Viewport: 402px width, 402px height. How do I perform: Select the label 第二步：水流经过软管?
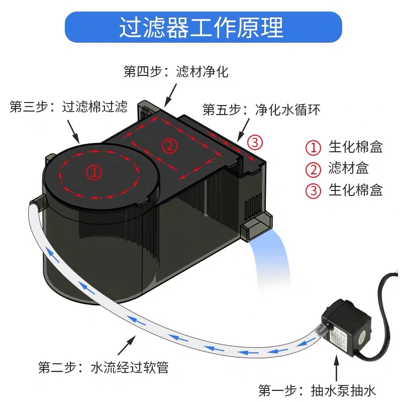[103, 367]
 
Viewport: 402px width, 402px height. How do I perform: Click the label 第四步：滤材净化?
[176, 71]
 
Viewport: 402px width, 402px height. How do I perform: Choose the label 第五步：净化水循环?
[261, 109]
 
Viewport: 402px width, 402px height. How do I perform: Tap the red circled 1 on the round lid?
[93, 172]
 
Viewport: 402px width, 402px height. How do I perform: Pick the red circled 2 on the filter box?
[169, 146]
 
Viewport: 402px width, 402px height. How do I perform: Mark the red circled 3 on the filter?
[255, 143]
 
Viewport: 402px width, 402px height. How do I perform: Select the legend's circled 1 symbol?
[314, 148]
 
